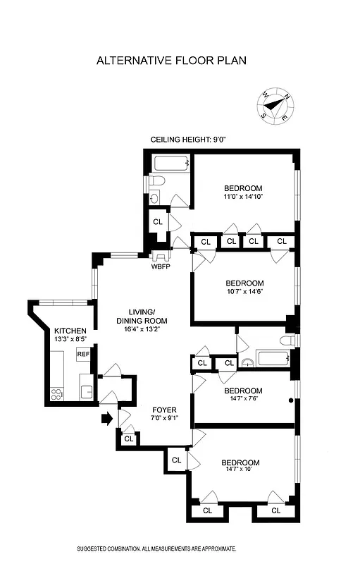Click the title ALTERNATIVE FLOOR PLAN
tap(171, 61)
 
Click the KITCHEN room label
tap(70, 331)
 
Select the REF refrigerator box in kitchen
tap(83, 354)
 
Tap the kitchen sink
tap(86, 390)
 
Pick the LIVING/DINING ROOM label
tap(146, 317)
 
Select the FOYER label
tap(165, 410)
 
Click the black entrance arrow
tap(106, 419)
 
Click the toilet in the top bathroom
tap(156, 182)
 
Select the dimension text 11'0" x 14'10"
tap(243, 197)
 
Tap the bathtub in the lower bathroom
tap(275, 358)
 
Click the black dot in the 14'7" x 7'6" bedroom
tap(290, 401)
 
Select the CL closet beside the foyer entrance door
tap(128, 439)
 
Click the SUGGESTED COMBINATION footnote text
tap(156, 548)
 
